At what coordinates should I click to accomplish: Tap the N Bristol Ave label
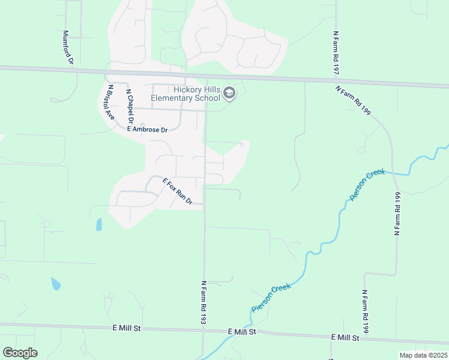[110, 103]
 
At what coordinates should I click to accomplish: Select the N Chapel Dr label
[128, 106]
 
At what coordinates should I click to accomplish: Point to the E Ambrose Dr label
[146, 128]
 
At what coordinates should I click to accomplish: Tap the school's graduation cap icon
[230, 93]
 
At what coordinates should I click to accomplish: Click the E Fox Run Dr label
[177, 191]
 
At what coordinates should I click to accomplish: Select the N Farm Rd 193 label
[203, 303]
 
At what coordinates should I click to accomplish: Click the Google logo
[20, 353]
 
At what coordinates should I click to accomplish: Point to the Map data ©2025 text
[423, 355]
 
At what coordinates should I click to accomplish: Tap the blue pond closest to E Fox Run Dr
[98, 224]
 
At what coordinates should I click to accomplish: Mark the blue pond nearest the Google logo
[56, 284]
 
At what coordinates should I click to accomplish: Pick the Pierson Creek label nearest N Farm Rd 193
[271, 298]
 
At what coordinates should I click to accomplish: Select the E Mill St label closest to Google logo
[126, 328]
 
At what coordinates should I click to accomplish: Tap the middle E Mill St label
[242, 331]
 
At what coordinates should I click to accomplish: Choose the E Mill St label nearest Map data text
[345, 338]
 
